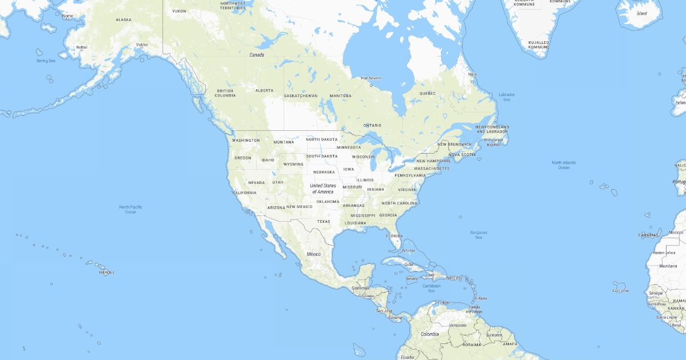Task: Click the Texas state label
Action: point(324,222)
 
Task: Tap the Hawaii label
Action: point(106,273)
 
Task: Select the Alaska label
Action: point(123,20)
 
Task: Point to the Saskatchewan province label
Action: point(301,95)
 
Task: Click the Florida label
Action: point(394,236)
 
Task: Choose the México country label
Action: point(313,254)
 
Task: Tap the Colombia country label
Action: point(429,334)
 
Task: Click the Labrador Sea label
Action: point(506,97)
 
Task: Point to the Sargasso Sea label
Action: point(478,235)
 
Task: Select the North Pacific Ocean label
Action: point(131,209)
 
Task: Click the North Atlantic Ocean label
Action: point(564,165)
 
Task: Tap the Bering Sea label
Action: point(46,61)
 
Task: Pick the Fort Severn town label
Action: point(370,78)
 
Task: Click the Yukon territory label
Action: point(179,11)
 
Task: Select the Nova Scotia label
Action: point(462,154)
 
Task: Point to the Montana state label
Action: point(284,142)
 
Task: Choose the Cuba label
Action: point(409,264)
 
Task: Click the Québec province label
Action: point(427,93)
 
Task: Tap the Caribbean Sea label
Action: point(432,288)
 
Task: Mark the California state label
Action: point(244,193)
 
